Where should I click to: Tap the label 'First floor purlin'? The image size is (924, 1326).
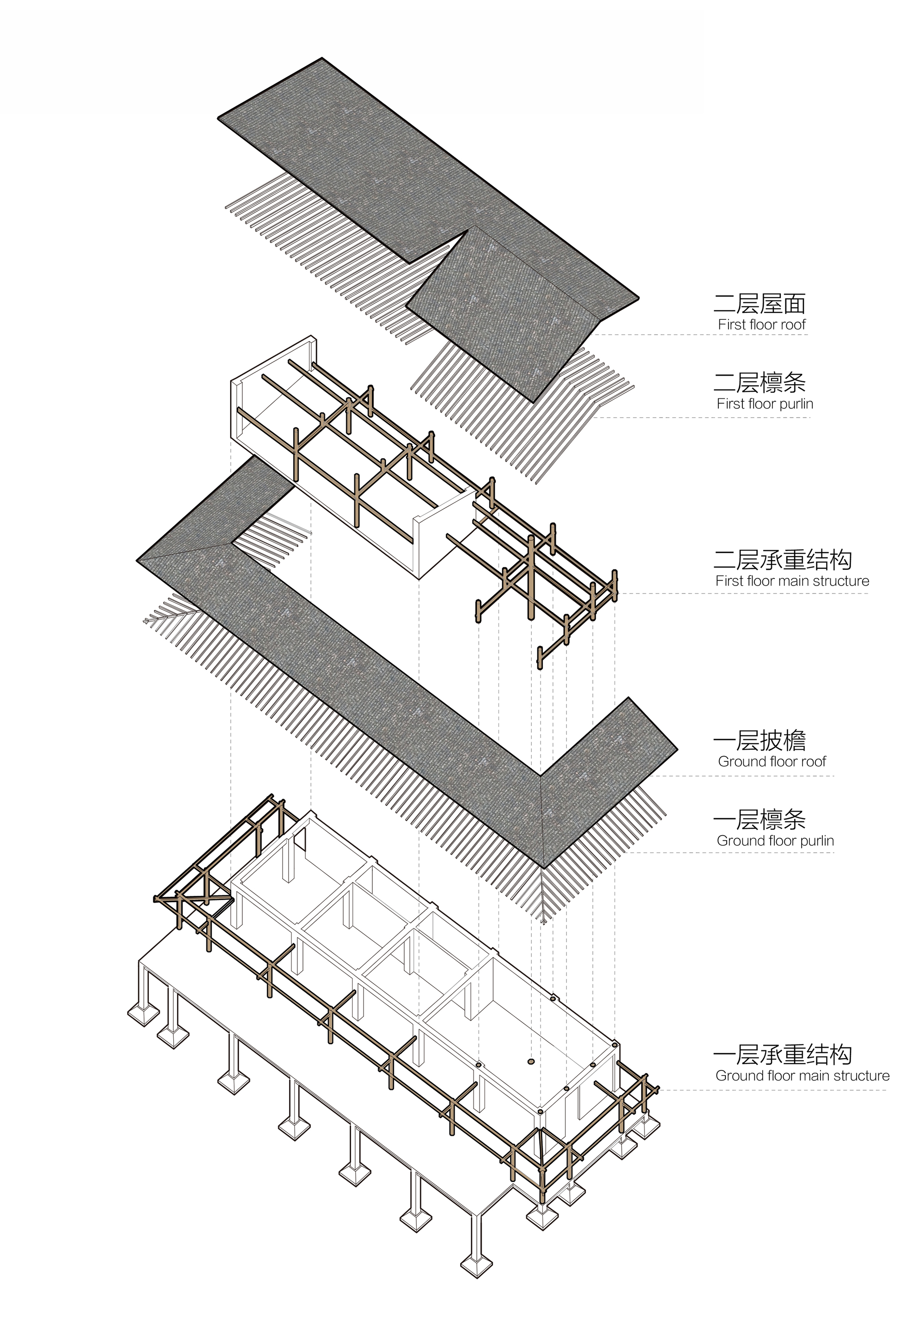[764, 403]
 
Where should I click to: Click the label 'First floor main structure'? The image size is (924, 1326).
[792, 581]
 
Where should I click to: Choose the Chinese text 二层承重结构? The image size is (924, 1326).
[782, 560]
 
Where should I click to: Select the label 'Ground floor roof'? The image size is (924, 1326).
[772, 761]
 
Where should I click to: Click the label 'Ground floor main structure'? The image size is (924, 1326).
[802, 1075]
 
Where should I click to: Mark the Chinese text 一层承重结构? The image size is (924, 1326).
[782, 1055]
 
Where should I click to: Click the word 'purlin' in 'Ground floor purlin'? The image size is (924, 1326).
[815, 841]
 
